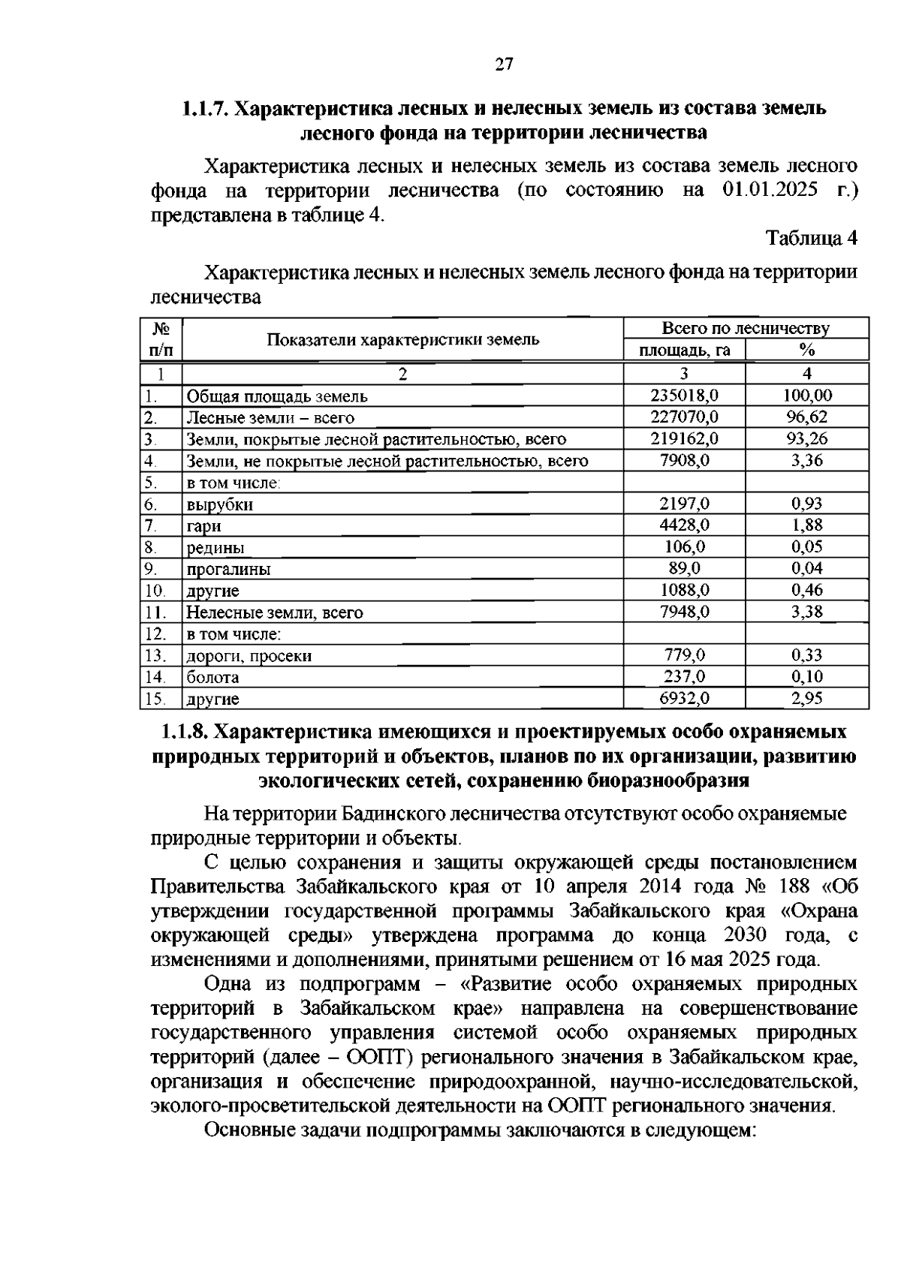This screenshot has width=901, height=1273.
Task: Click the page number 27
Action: pyautogui.click(x=504, y=65)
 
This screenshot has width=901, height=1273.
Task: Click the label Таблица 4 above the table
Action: pyautogui.click(x=811, y=238)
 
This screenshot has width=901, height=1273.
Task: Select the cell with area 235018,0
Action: pyautogui.click(x=684, y=396)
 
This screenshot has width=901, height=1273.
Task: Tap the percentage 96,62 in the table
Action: pyautogui.click(x=807, y=417)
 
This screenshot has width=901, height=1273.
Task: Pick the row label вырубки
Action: pyautogui.click(x=219, y=504)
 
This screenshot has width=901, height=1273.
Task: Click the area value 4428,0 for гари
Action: pyautogui.click(x=684, y=525)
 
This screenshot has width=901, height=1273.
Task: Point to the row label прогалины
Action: pyautogui.click(x=228, y=569)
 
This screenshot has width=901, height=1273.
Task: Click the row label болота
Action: pyautogui.click(x=212, y=677)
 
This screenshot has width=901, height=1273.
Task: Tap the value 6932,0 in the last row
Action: pyautogui.click(x=684, y=698)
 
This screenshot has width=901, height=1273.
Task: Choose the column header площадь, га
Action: pyautogui.click(x=684, y=351)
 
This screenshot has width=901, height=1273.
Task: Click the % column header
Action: pyautogui.click(x=807, y=351)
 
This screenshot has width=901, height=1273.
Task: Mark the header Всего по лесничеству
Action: pyautogui.click(x=746, y=329)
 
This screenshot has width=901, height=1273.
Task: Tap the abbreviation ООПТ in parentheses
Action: pyautogui.click(x=378, y=1058)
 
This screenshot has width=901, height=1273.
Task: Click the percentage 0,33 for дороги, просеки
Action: pyautogui.click(x=807, y=655)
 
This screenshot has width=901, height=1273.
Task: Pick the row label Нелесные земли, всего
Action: pyautogui.click(x=274, y=612)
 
